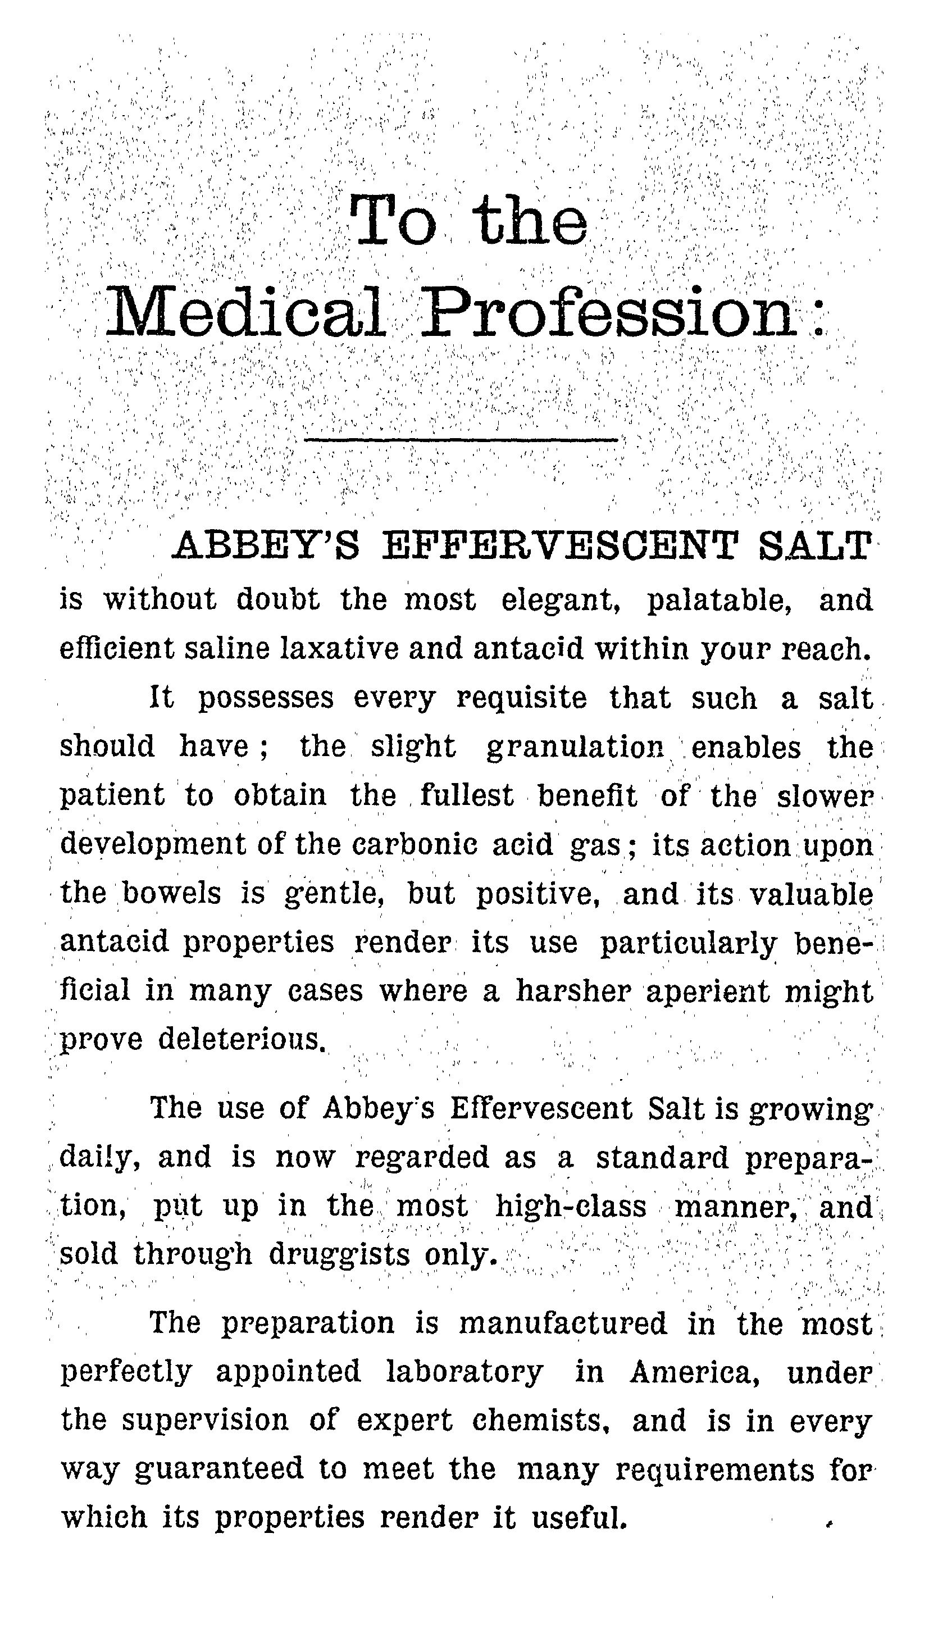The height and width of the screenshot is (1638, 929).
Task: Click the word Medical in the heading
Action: coord(245,313)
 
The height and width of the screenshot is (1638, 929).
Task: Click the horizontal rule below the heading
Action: coord(461,440)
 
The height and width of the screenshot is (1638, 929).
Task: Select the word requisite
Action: coord(521,698)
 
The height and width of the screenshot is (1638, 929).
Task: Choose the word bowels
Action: coord(172,893)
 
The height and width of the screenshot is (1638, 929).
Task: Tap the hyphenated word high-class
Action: coord(571,1207)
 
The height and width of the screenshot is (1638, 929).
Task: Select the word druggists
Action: coord(339,1255)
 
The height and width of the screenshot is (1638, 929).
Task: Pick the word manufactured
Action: coord(563,1323)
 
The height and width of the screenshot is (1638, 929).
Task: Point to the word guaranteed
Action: coord(219,1469)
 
